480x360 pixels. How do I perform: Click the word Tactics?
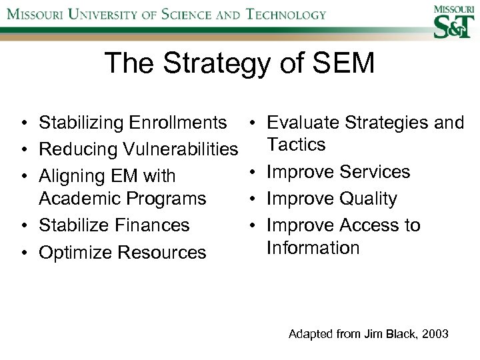tap(296, 144)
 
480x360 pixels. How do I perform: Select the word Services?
tap(375, 172)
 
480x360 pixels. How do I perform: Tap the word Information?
tap(313, 248)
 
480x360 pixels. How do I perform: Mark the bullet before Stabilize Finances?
tap(24, 226)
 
